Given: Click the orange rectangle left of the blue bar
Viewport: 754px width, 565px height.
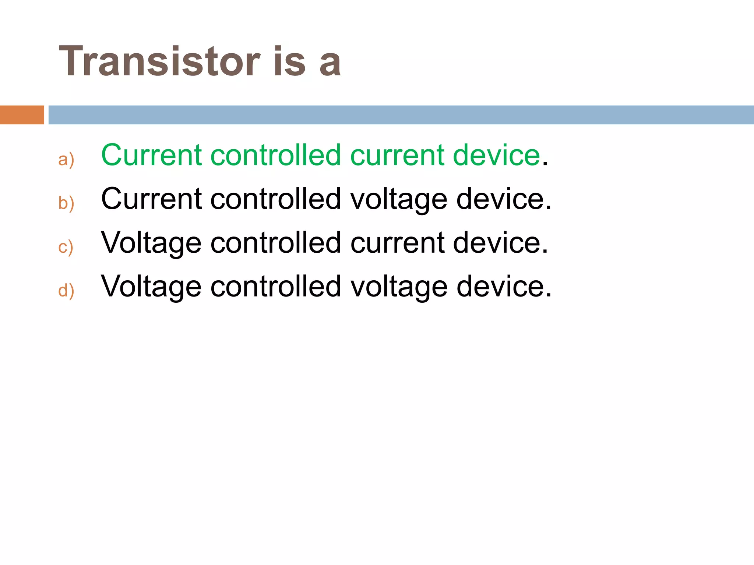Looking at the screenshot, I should pos(22,115).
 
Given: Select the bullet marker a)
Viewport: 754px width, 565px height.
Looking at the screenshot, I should pos(66,160).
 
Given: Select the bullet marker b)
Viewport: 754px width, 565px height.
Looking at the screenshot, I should pos(66,203).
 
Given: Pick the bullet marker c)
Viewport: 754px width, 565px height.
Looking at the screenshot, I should pos(66,247).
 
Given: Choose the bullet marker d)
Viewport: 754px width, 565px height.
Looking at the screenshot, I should pos(66,291).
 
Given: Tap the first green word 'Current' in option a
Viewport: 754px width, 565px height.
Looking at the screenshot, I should pos(151,155).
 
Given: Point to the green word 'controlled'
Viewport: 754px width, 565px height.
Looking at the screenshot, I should pos(275,155).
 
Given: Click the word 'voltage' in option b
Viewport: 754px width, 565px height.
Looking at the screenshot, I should pos(399,200).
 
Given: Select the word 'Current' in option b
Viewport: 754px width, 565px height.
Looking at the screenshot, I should pos(151,199).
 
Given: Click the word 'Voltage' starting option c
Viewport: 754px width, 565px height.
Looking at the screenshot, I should pos(151,243).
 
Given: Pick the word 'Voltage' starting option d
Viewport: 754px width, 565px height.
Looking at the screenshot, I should pos(151,287).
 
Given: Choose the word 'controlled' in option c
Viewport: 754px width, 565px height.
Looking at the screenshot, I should pos(275,243).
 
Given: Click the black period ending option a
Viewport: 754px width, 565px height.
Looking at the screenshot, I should pos(545,164).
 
